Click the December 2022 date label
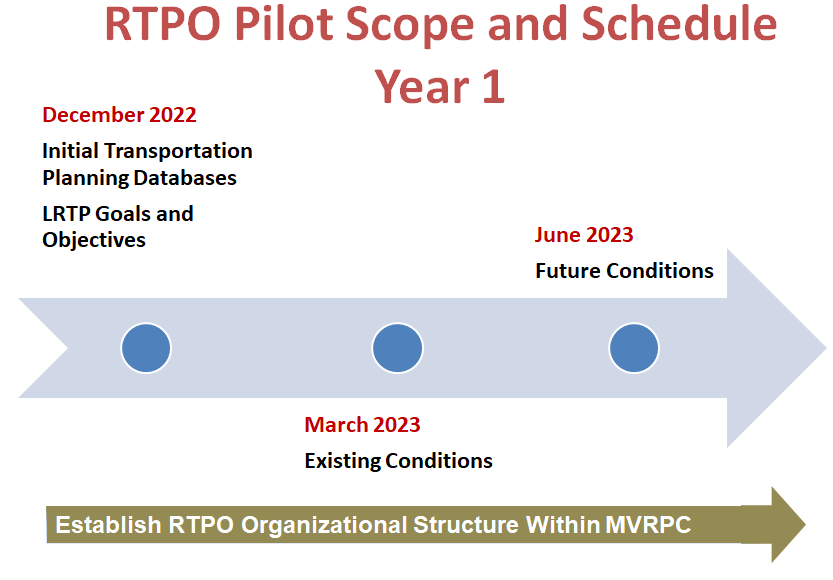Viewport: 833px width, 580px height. pyautogui.click(x=120, y=115)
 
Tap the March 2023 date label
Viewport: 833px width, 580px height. pyautogui.click(x=362, y=425)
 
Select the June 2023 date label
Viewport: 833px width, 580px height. pyautogui.click(x=584, y=235)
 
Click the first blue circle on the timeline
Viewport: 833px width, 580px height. pyautogui.click(x=146, y=348)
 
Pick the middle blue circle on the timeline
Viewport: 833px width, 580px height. pyautogui.click(x=397, y=348)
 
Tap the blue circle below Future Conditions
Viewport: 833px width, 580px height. pyautogui.click(x=634, y=348)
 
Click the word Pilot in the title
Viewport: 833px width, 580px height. pyautogui.click(x=284, y=24)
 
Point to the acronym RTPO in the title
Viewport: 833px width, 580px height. pyautogui.click(x=163, y=24)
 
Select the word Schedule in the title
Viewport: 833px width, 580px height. pyautogui.click(x=679, y=24)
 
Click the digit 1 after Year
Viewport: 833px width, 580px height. pyautogui.click(x=493, y=87)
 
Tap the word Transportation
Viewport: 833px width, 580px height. pyautogui.click(x=178, y=151)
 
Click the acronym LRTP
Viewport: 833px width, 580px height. pyautogui.click(x=66, y=214)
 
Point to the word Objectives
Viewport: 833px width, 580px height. pyautogui.click(x=94, y=240)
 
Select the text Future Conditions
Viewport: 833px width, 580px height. pyautogui.click(x=624, y=271)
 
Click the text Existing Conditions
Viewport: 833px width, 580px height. pyautogui.click(x=398, y=461)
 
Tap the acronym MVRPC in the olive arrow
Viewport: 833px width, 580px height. pyautogui.click(x=648, y=525)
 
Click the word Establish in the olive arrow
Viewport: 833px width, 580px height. pyautogui.click(x=108, y=525)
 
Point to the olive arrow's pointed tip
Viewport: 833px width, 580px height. pyautogui.click(x=805, y=525)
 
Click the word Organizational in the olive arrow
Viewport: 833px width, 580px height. pyautogui.click(x=324, y=525)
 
